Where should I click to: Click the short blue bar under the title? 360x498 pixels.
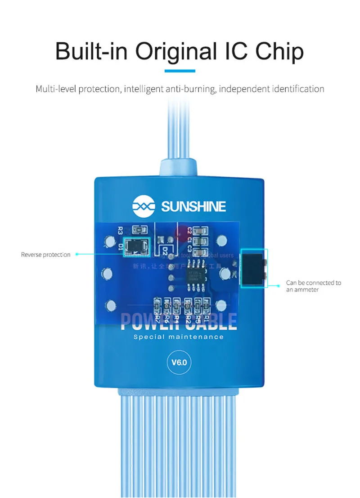click(180, 71)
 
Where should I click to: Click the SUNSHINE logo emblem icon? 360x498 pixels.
click(143, 206)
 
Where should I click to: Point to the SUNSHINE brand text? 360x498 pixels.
click(193, 207)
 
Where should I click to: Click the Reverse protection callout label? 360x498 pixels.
click(46, 255)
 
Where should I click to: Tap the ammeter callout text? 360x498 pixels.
click(314, 286)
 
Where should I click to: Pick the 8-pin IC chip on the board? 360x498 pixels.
click(197, 271)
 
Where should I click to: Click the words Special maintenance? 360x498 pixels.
click(179, 337)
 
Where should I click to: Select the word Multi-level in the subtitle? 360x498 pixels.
click(56, 89)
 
